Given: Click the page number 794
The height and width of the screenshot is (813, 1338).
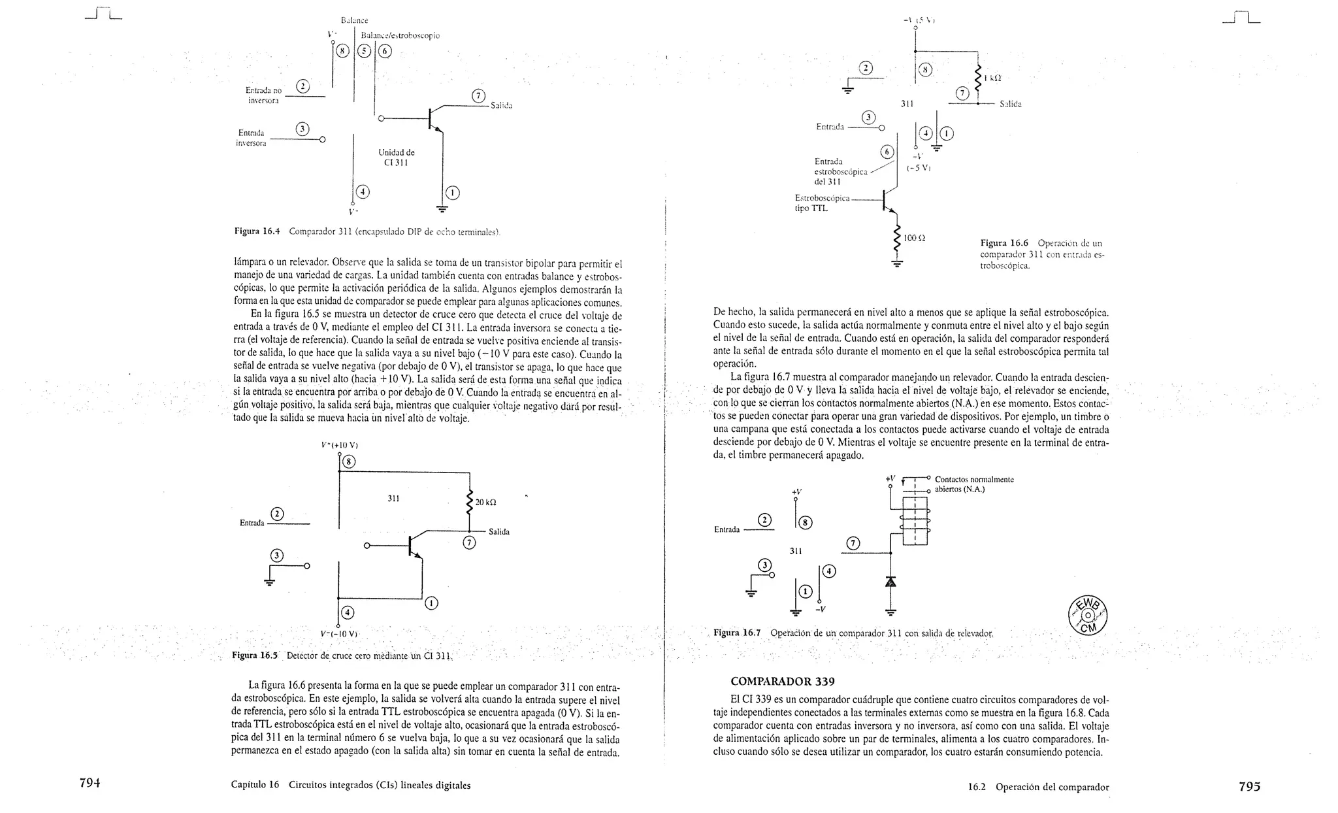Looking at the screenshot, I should (89, 784).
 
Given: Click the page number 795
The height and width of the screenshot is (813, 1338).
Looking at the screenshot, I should (1248, 787).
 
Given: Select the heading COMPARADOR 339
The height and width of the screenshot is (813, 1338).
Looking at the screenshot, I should (782, 682).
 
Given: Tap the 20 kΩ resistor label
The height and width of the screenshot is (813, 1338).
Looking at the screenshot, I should (485, 503).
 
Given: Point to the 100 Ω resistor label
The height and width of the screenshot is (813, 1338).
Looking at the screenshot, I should (914, 239).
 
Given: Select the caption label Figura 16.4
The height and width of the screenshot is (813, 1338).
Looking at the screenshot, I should (257, 231).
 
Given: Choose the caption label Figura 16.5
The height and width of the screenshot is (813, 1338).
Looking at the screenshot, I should (255, 655).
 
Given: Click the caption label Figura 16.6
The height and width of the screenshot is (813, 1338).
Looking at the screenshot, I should (1004, 243).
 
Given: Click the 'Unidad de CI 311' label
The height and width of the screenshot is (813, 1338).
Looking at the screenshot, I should (396, 158).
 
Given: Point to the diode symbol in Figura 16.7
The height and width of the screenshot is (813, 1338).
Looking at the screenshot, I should (890, 581).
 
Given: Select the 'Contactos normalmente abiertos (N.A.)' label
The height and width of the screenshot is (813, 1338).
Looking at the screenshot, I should (973, 484).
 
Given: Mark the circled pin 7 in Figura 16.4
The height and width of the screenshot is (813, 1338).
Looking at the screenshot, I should (478, 96).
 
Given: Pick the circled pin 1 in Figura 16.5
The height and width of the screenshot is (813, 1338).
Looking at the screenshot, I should (431, 603).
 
